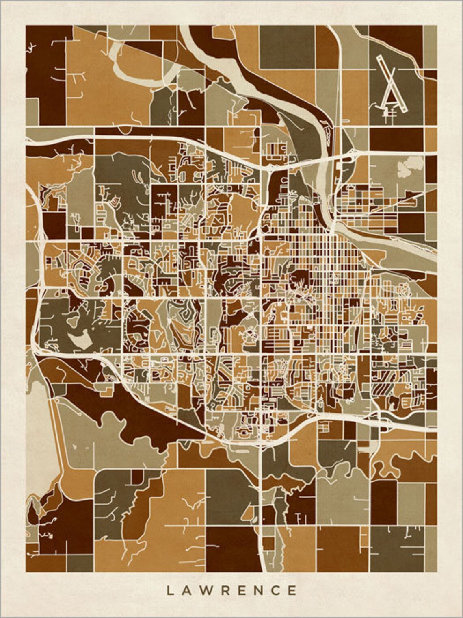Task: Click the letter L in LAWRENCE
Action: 170,590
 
